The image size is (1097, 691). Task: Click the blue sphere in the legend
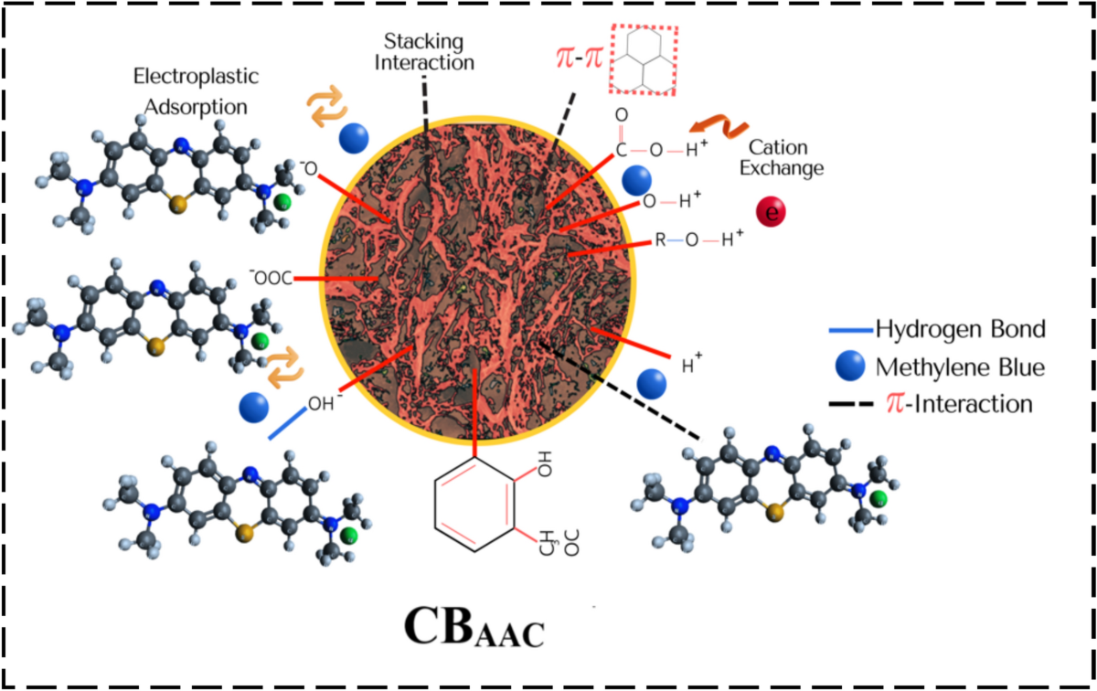(848, 367)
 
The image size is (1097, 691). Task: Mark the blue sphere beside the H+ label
(653, 382)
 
